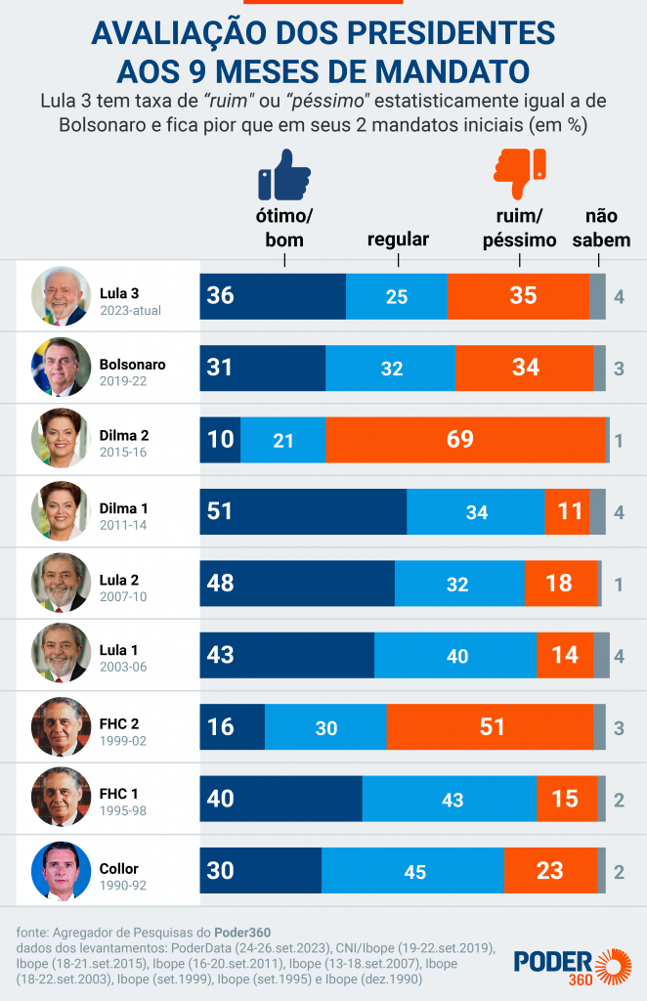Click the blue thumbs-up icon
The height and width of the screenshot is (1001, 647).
point(283,176)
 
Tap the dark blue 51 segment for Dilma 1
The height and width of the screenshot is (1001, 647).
point(303,511)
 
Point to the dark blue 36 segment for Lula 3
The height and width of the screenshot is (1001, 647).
point(273,296)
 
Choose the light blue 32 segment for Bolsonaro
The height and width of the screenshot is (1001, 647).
point(390,368)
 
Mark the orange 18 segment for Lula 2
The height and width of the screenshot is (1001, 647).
point(560,584)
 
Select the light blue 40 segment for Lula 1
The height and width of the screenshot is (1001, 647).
point(455,656)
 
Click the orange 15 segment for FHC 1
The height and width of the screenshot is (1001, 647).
point(565,799)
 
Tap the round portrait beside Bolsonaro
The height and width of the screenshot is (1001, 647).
point(61,368)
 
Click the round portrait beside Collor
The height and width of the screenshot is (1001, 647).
point(61,871)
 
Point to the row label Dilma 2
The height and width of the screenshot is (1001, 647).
point(124,434)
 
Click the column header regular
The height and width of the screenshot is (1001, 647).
point(398,240)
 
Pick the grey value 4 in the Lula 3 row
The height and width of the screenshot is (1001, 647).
point(619,296)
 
